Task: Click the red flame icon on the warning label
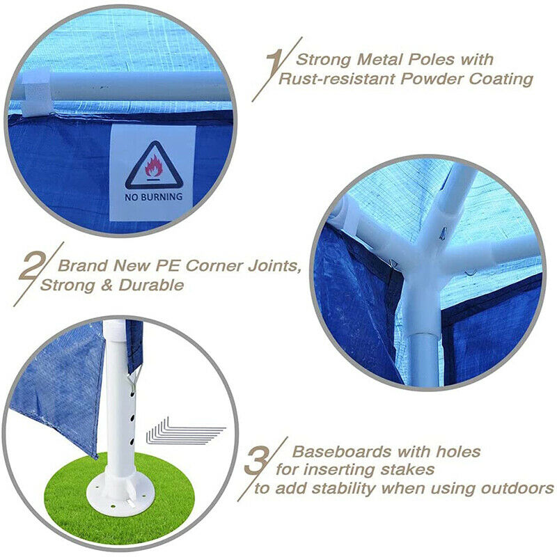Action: click(153, 166)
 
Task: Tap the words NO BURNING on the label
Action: click(153, 197)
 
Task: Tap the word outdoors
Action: click(517, 489)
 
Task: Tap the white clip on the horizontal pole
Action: click(36, 94)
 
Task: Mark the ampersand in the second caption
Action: click(107, 285)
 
